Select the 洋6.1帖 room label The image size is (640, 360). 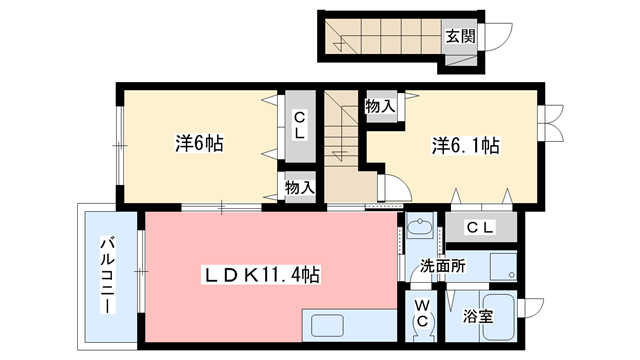(466, 146)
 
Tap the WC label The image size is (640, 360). (422, 313)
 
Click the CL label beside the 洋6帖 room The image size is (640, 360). (298, 126)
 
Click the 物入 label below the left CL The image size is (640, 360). (299, 187)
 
